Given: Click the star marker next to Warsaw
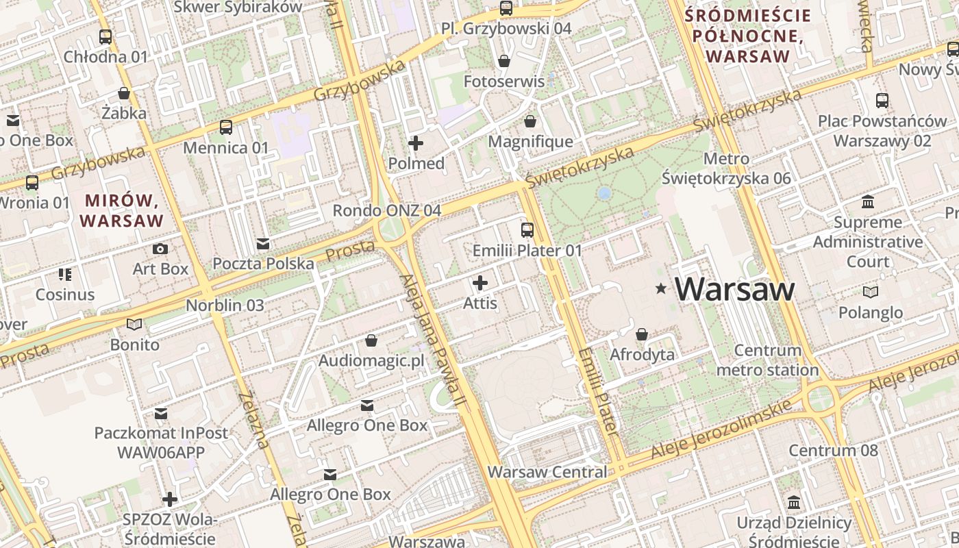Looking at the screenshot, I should tap(661, 289).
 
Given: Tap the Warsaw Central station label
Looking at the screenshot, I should tap(547, 472).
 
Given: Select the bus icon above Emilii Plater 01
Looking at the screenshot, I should tap(527, 230).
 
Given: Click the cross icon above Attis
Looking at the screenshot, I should tap(480, 282).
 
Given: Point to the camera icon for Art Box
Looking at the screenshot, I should tap(160, 249).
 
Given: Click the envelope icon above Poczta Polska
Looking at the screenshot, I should tap(263, 244).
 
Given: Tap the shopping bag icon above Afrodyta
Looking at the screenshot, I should tap(642, 334).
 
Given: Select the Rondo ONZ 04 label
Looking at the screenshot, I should tap(386, 210).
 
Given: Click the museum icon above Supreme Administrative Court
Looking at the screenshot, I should tap(868, 202).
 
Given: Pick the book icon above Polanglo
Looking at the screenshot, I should tap(870, 292).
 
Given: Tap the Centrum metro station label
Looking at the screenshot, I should tap(767, 360).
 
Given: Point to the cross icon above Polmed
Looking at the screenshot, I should tap(416, 143).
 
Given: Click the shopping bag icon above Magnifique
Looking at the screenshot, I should tap(530, 122).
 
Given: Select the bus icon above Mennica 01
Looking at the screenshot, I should tap(225, 127).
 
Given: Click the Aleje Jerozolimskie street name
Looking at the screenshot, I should tap(723, 429).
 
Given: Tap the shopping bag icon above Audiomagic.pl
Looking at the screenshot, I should tap(371, 340).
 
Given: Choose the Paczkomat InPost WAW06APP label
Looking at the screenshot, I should tap(161, 443).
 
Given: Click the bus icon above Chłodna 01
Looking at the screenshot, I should tap(105, 37).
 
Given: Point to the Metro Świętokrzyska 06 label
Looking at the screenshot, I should tap(726, 169).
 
